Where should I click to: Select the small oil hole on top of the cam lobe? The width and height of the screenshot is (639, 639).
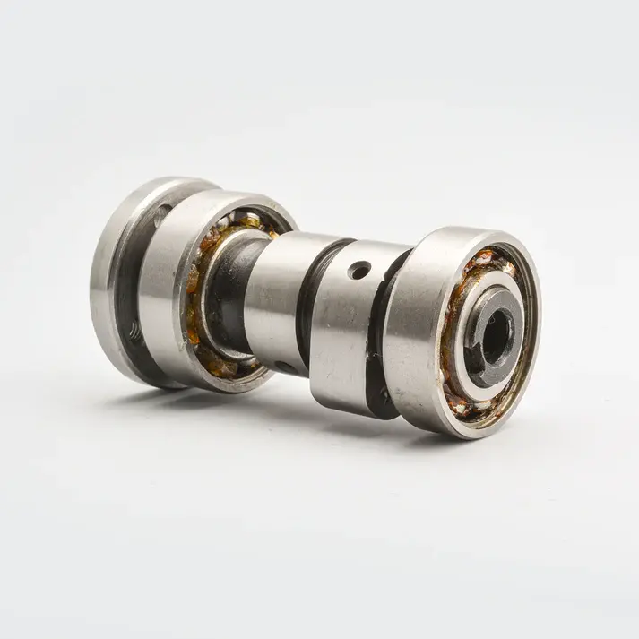(x=359, y=266)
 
